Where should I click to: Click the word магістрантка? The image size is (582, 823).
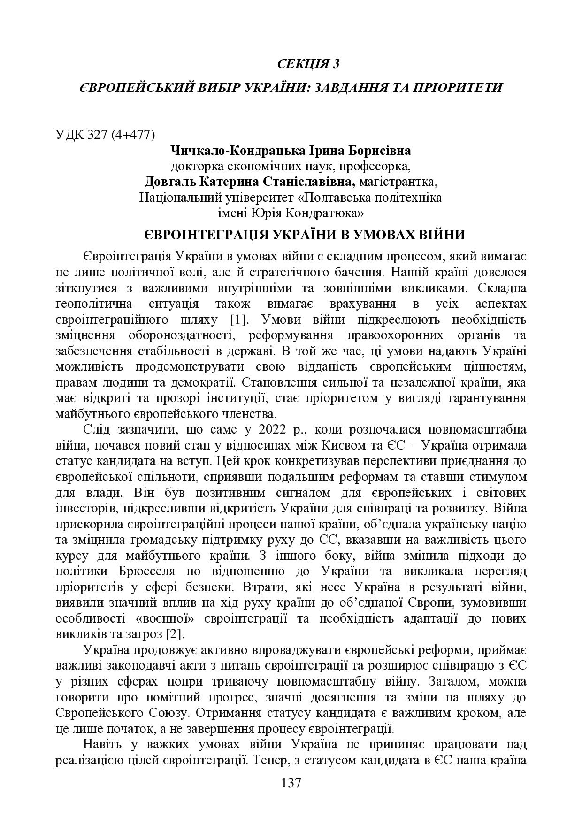click(400, 182)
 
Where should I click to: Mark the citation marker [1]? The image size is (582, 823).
click(239, 320)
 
